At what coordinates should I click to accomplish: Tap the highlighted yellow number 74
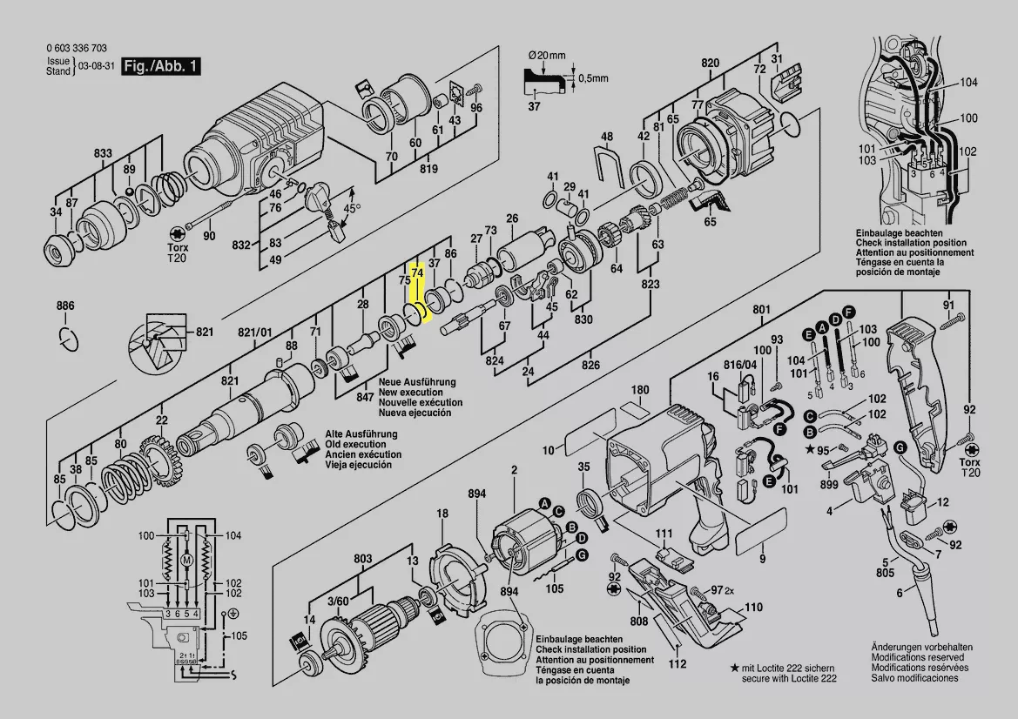point(417,272)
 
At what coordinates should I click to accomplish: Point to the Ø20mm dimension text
point(547,55)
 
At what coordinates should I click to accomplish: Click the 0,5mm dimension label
point(594,78)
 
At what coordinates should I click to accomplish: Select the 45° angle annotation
point(350,209)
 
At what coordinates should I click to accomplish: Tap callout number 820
point(710,63)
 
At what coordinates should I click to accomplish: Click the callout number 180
point(640,389)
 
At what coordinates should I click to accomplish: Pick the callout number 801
point(762,310)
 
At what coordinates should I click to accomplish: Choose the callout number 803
point(362,558)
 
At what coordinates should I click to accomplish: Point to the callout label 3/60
point(338,601)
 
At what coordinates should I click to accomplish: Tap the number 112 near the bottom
point(677,665)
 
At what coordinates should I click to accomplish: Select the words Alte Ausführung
point(361,433)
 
